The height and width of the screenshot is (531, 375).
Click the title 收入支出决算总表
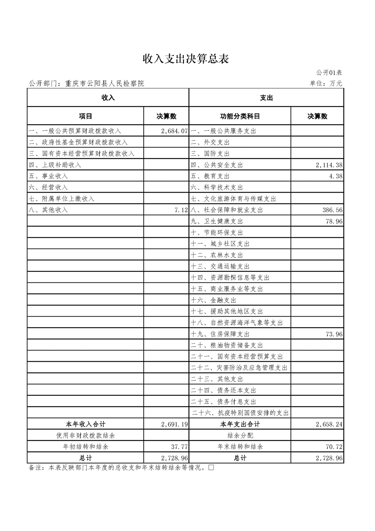click(x=186, y=59)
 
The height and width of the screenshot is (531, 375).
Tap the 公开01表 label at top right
click(x=329, y=72)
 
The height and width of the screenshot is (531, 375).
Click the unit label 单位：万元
click(x=326, y=83)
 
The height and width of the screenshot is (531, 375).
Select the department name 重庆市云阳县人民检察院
click(x=105, y=83)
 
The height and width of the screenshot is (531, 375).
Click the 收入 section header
click(x=108, y=98)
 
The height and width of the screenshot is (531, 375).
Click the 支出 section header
click(x=266, y=98)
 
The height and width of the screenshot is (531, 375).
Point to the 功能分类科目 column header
click(x=240, y=116)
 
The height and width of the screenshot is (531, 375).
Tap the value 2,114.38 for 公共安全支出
click(x=329, y=165)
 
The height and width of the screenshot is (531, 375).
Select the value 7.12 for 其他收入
click(x=181, y=210)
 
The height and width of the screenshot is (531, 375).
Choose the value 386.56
click(x=332, y=210)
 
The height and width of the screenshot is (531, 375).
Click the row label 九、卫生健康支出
click(x=217, y=221)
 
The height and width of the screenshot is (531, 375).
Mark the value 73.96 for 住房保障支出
click(x=334, y=334)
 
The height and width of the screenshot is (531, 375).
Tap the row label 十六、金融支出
click(x=213, y=300)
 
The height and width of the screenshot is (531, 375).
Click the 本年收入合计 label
click(x=85, y=424)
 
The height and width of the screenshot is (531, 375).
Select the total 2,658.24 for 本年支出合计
click(x=329, y=424)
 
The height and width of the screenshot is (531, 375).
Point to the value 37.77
click(x=179, y=447)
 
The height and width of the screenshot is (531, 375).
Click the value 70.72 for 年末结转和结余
click(x=334, y=447)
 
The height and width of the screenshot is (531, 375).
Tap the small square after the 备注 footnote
click(x=211, y=468)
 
